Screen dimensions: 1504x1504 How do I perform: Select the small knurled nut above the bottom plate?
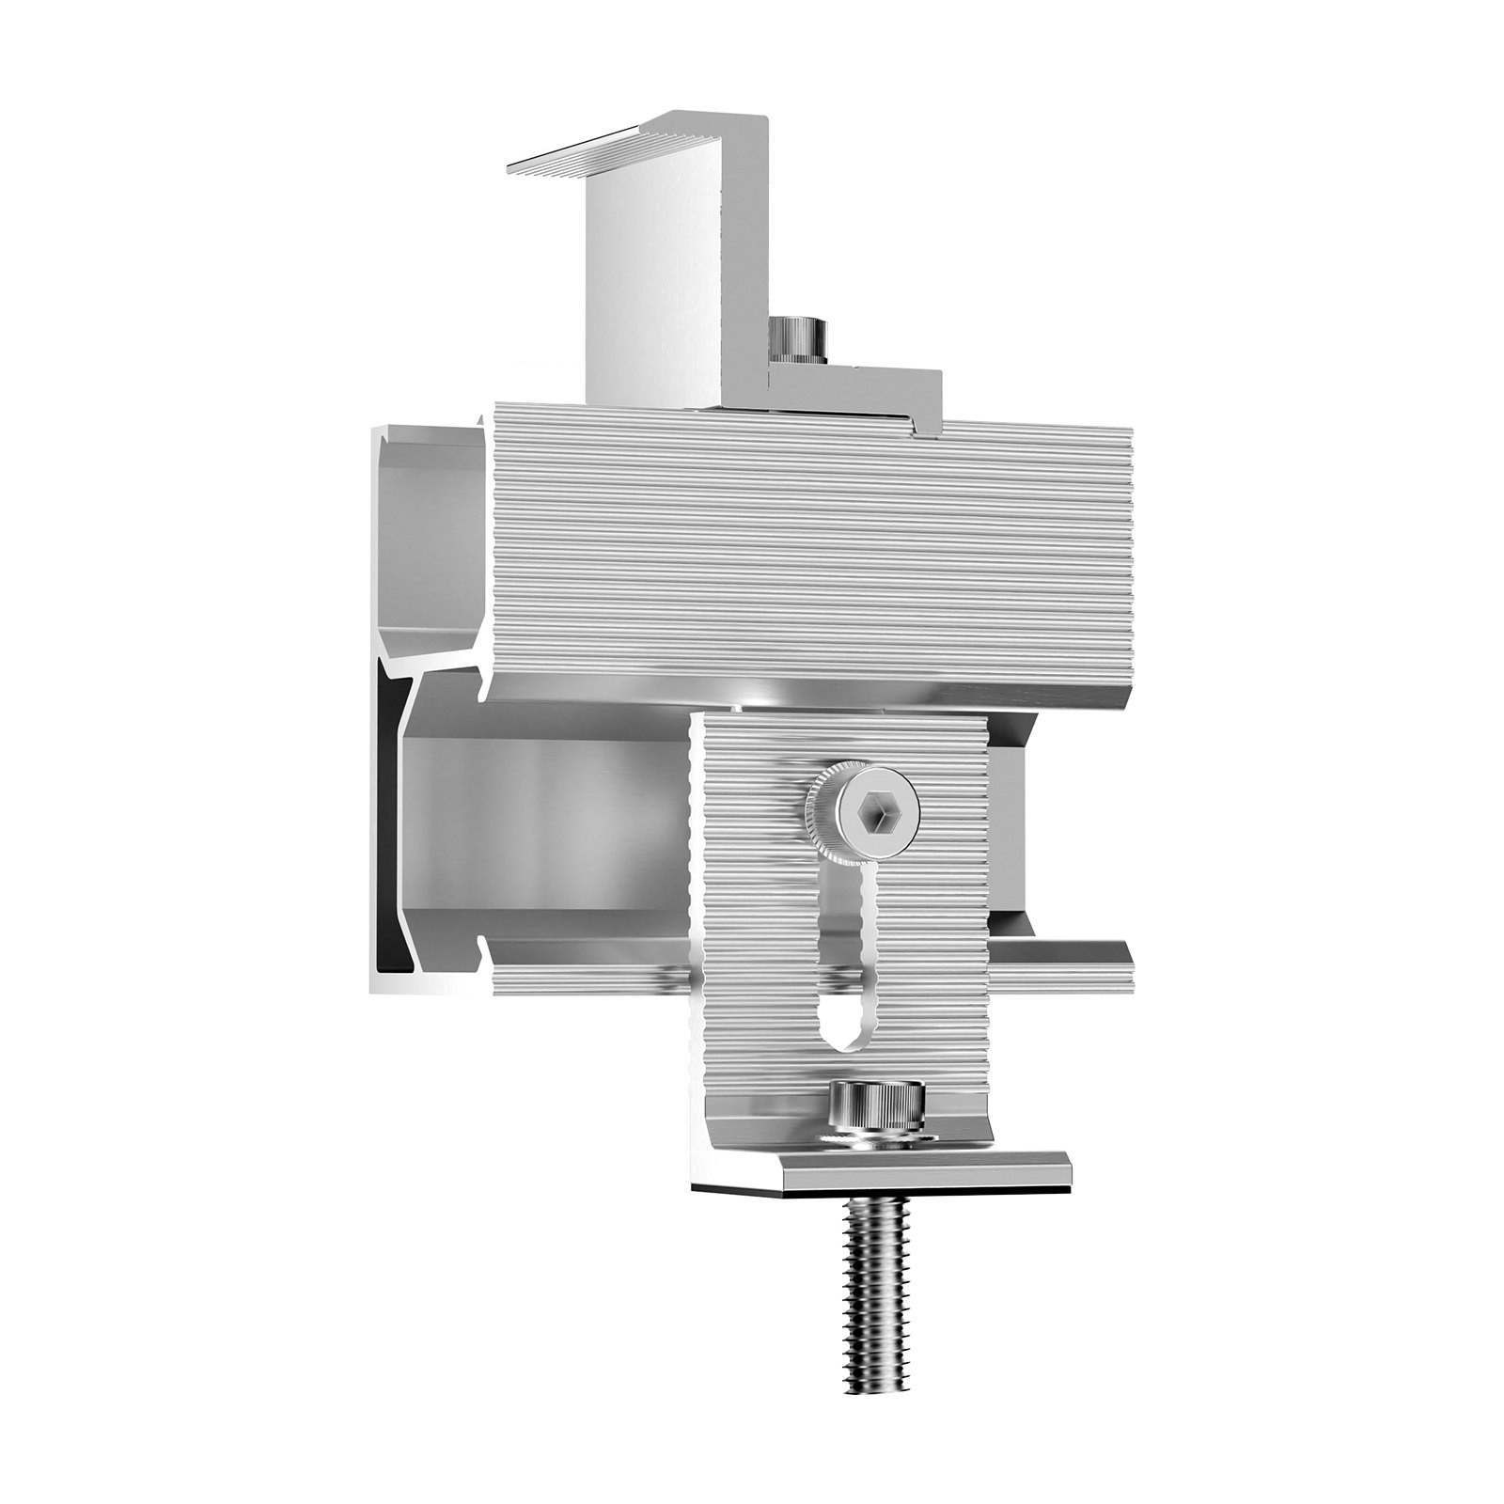876,1109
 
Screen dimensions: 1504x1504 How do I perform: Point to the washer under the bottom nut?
876,1140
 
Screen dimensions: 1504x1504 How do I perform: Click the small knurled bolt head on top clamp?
796,337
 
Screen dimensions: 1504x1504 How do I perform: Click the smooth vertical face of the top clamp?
649,282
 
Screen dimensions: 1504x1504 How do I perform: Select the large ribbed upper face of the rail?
808,545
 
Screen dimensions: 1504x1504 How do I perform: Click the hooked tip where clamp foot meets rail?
926,428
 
